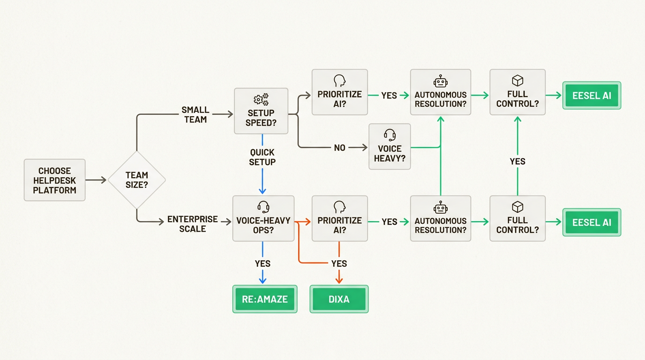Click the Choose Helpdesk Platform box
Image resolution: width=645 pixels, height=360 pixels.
[x=54, y=180]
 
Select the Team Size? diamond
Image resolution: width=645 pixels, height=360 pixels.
[x=136, y=180]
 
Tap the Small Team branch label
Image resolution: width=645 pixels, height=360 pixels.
[x=195, y=115]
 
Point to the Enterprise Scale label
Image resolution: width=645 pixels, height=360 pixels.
[x=193, y=224]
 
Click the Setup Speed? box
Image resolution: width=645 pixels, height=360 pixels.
[x=262, y=111]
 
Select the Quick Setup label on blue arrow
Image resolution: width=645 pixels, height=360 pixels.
[x=262, y=157]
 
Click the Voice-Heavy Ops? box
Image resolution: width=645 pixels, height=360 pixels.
[x=262, y=218]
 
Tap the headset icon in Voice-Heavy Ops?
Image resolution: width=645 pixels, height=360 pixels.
[x=262, y=207]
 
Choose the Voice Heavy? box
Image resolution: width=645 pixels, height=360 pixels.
[x=390, y=146]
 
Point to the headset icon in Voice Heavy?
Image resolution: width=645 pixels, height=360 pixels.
[x=390, y=135]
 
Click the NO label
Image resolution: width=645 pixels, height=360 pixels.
[x=340, y=148]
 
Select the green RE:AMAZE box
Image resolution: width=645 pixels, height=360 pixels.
[x=265, y=299]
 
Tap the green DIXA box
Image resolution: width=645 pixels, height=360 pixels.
[x=339, y=299]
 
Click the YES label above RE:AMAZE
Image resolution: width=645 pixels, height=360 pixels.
[x=262, y=263]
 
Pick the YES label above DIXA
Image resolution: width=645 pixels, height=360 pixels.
[x=339, y=263]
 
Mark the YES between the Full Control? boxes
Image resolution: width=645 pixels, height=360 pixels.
[x=517, y=161]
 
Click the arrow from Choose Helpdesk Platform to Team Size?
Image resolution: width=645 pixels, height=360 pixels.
[x=96, y=180]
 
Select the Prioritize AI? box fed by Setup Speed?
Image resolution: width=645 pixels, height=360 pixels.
[x=340, y=92]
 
